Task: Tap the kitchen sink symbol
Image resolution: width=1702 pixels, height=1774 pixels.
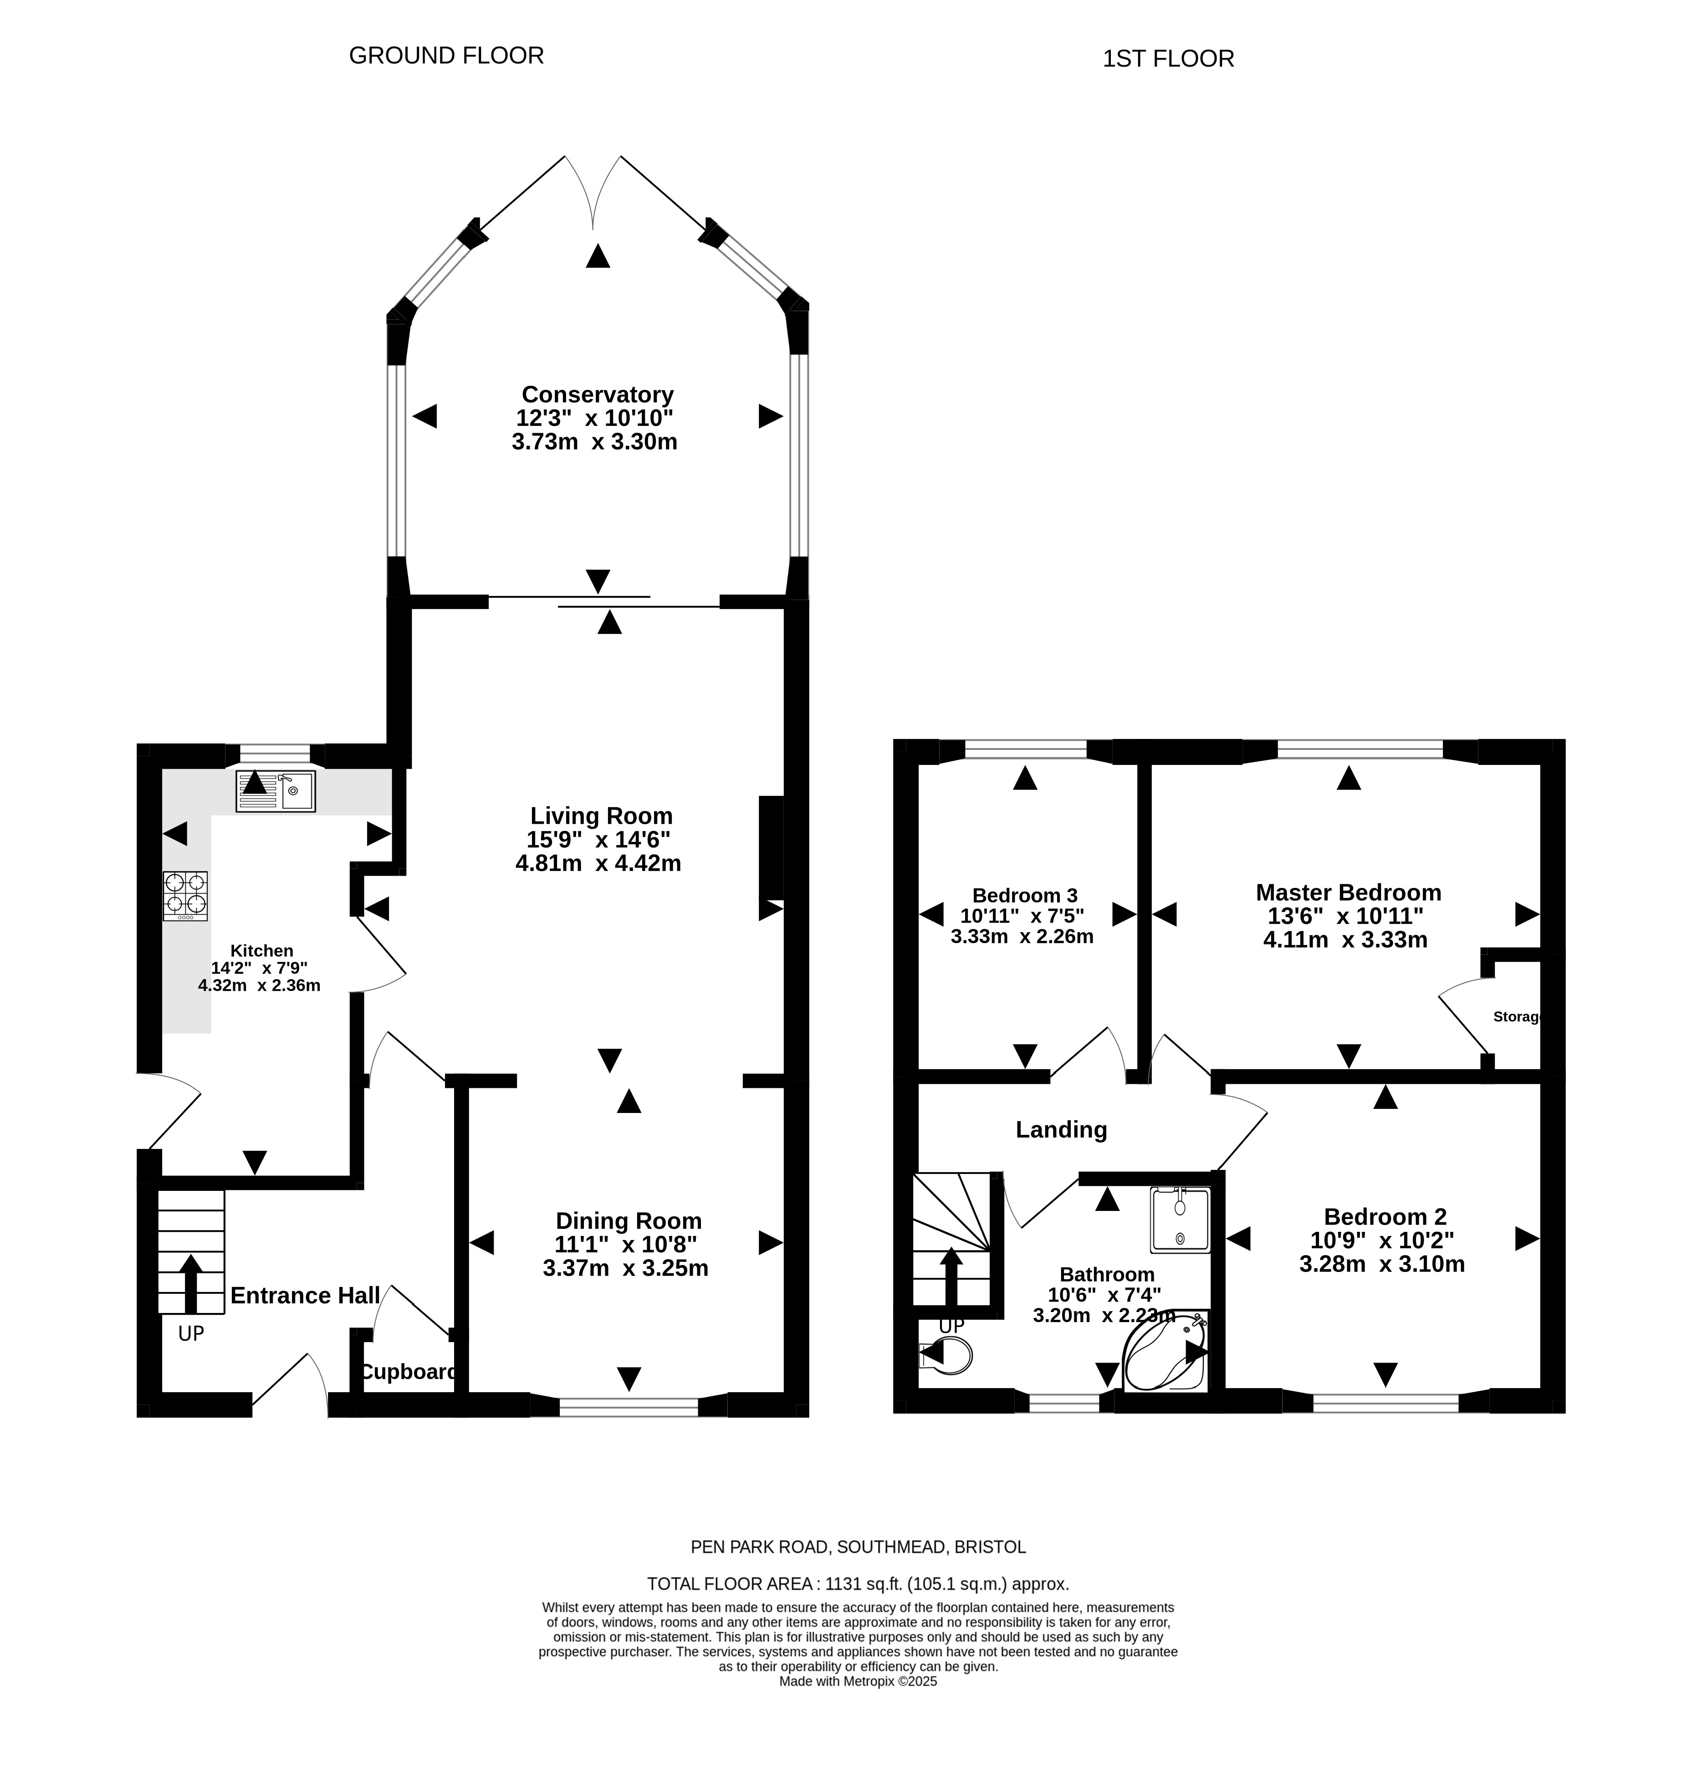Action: tap(275, 791)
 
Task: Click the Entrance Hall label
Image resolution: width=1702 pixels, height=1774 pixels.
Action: tap(305, 1295)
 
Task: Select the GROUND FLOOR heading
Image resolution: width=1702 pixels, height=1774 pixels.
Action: tap(446, 56)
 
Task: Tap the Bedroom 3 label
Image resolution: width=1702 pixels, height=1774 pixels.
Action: tap(1024, 896)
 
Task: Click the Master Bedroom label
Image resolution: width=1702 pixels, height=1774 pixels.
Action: tap(1348, 892)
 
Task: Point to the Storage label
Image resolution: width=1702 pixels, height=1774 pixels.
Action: tap(1516, 1016)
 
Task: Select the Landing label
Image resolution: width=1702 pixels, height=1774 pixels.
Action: tap(1061, 1129)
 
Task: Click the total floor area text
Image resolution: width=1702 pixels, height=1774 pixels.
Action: tap(858, 1584)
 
